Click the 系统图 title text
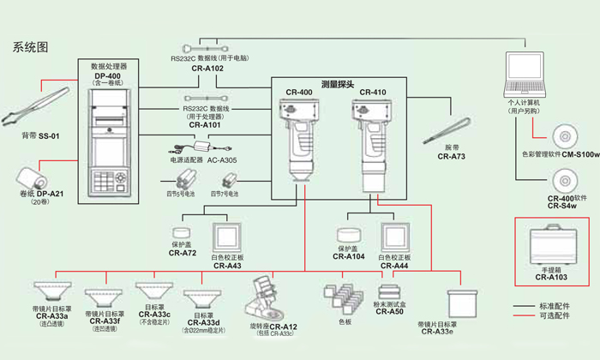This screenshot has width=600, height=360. coord(31,47)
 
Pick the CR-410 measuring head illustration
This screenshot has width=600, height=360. coord(369,141)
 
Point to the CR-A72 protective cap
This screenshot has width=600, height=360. coord(183,233)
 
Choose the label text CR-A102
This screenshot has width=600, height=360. coord(207,68)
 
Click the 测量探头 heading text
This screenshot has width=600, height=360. coord(337,85)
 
